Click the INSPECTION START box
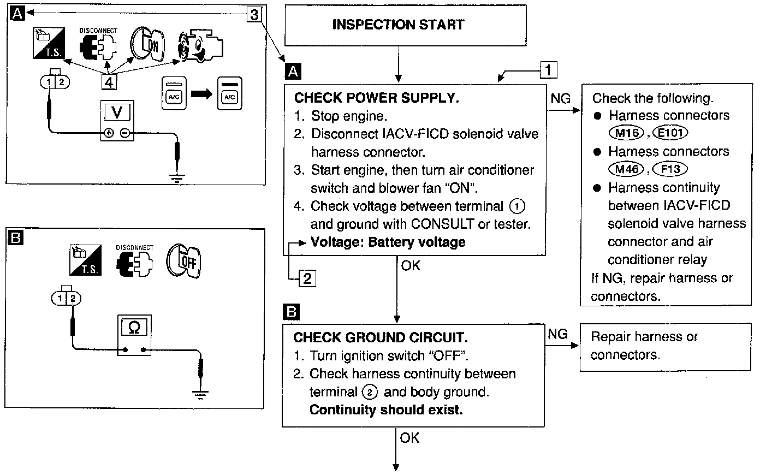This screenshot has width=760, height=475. [398, 25]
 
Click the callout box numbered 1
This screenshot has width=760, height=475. [548, 70]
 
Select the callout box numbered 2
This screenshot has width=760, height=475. [307, 278]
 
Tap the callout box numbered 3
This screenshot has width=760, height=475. [254, 15]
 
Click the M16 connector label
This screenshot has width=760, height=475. [626, 133]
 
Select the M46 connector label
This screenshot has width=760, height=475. [626, 169]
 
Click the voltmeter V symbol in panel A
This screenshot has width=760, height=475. [117, 112]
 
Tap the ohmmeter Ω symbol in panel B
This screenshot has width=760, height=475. [134, 328]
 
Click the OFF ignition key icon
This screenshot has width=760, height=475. [183, 260]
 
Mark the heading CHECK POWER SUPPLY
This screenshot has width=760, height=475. [376, 98]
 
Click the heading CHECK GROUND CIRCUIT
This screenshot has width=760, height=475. [380, 337]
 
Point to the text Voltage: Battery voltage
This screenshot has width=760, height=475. [388, 242]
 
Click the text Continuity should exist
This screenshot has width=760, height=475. [385, 409]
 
